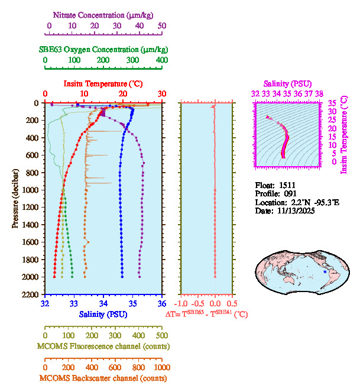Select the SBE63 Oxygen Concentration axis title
pos(104,49)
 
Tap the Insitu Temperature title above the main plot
pos(104,83)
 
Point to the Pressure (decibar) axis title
pos(15,199)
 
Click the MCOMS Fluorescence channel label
pos(103,346)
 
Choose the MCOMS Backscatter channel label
pos(103,378)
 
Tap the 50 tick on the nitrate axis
pos(162,26)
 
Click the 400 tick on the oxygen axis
pos(162,60)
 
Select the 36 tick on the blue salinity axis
pos(162,304)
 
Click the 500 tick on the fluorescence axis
pos(162,335)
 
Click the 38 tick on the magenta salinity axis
pos(319,93)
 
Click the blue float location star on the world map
pos(324,271)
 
